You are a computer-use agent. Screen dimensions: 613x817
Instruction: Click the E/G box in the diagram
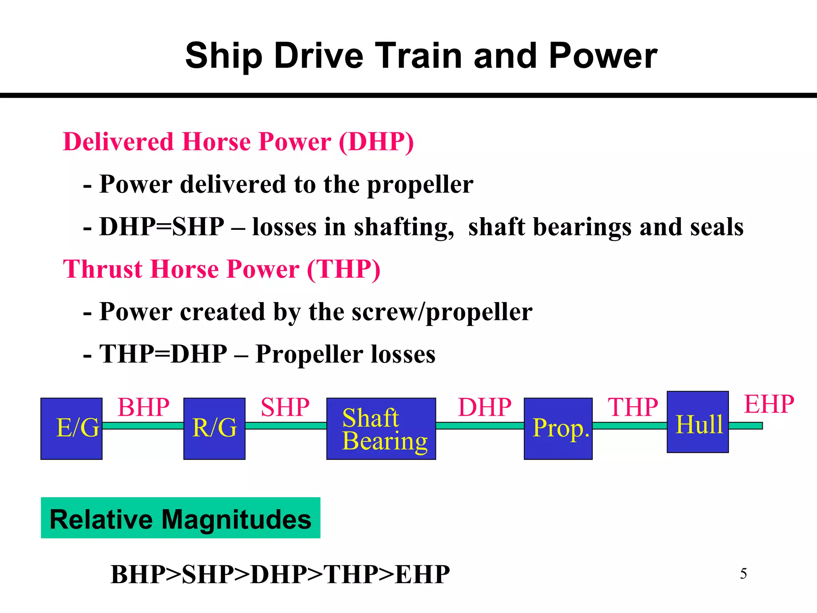71,428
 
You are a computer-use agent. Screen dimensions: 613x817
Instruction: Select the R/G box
214,428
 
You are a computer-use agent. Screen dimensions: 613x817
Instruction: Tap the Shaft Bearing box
381,428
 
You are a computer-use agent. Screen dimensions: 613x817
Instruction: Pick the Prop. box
558,428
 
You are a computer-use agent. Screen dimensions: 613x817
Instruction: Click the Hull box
697,422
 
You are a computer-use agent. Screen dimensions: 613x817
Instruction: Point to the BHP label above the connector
143,407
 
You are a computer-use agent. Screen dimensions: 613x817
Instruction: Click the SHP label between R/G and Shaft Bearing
285,407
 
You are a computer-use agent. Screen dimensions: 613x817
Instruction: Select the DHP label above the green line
484,407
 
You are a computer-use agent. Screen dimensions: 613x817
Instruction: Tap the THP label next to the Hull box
632,407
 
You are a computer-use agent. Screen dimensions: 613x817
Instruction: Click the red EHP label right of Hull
769,404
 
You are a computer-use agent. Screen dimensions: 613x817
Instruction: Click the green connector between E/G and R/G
143,425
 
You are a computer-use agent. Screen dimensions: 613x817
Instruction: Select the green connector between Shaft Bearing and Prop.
480,425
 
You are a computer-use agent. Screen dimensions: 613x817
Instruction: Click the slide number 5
743,574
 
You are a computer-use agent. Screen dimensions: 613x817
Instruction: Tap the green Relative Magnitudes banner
180,518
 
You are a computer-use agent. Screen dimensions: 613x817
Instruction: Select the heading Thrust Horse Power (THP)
221,269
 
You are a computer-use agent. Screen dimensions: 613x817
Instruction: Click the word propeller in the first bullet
420,184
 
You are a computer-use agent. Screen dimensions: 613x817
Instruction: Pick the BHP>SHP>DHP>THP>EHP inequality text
280,575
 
